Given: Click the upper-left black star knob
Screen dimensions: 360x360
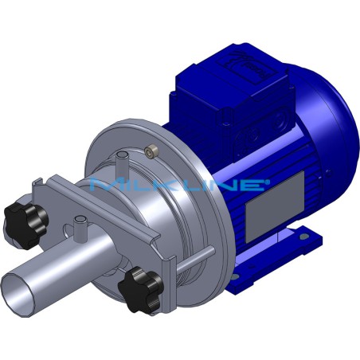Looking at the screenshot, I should pos(18,213).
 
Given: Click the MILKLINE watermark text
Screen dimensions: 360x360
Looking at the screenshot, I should pos(179,186).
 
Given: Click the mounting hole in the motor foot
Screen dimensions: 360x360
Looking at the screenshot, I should pos(303,234).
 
